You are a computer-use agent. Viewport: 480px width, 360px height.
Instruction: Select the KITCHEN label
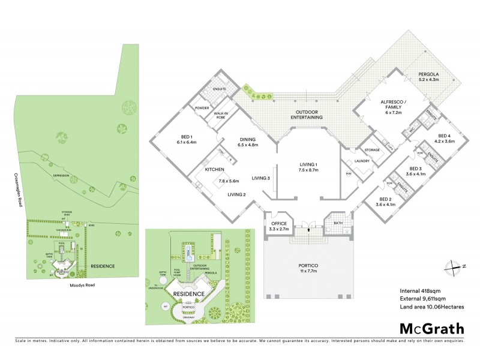(214, 170)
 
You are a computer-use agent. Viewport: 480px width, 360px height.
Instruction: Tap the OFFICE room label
(280, 225)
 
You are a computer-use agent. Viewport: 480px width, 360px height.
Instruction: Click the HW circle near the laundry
(349, 174)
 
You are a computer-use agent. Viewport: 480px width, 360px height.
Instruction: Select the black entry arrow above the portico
(308, 229)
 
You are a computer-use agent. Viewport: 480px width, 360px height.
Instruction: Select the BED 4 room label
(445, 139)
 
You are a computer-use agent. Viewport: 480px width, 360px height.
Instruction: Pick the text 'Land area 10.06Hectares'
(431, 307)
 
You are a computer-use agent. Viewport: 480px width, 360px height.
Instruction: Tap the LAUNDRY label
(361, 161)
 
